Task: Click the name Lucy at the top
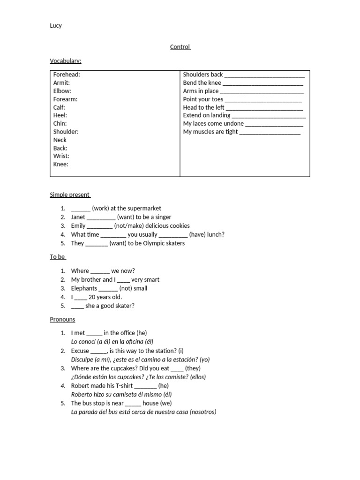tap(56, 26)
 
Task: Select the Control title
tap(180, 47)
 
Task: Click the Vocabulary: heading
tap(66, 61)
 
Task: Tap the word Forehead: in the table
tap(67, 75)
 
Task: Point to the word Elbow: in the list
tap(62, 91)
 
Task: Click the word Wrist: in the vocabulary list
tap(61, 156)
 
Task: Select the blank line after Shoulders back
tap(264, 75)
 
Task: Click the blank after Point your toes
tap(263, 100)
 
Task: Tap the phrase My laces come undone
tap(213, 124)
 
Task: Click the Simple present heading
tap(70, 195)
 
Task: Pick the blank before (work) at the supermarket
tap(81, 209)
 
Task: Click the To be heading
tap(58, 257)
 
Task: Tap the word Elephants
tap(84, 289)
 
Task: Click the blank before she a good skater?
tap(77, 307)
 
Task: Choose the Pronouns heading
tap(62, 320)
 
